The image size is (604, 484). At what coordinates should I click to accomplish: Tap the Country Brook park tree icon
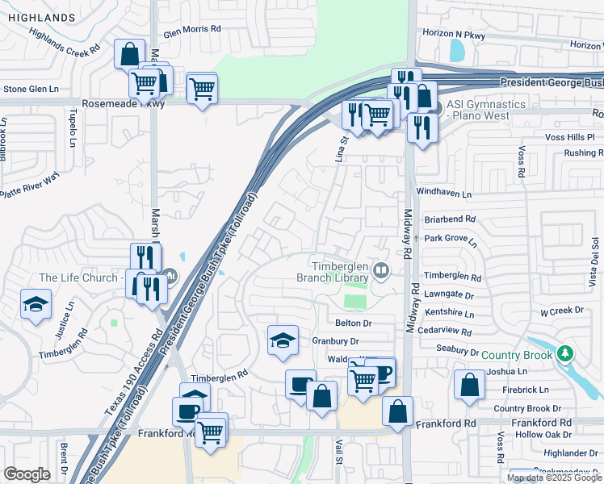(566, 354)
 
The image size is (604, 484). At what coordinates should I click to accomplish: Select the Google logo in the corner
(27, 474)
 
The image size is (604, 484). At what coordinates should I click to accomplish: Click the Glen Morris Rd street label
(192, 29)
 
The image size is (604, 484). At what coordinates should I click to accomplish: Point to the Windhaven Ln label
(443, 194)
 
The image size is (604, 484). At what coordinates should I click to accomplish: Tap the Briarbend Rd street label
(450, 219)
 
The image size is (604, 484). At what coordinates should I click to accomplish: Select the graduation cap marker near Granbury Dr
(283, 340)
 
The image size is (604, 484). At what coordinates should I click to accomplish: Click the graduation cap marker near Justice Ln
(35, 305)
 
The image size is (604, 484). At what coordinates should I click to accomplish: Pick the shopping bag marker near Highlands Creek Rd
(129, 54)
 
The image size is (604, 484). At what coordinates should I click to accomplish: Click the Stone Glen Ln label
(31, 89)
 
